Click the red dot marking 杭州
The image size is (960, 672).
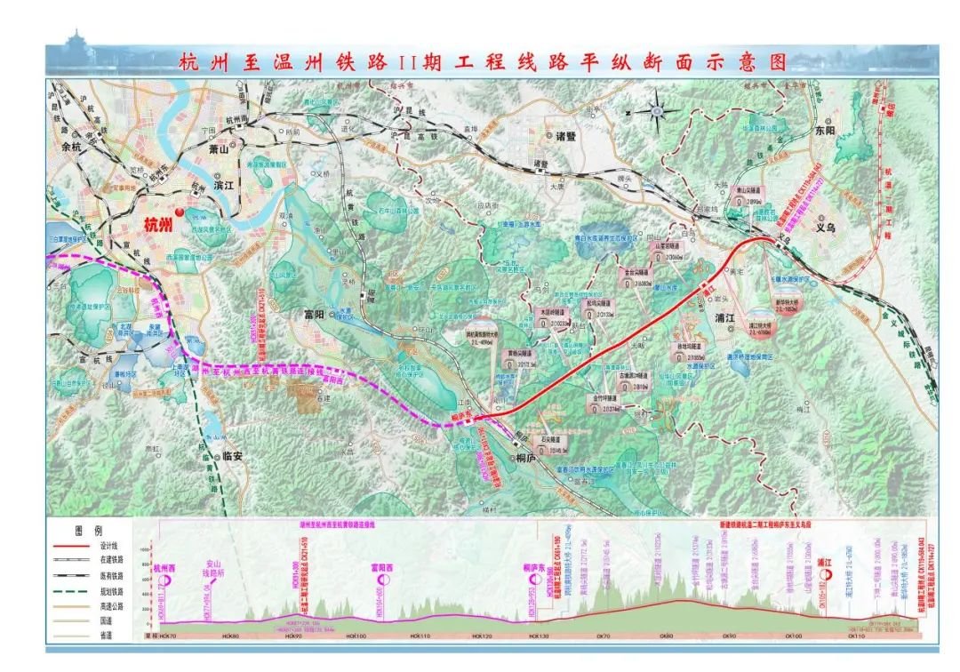[180, 212]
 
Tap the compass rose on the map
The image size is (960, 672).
[657, 111]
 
